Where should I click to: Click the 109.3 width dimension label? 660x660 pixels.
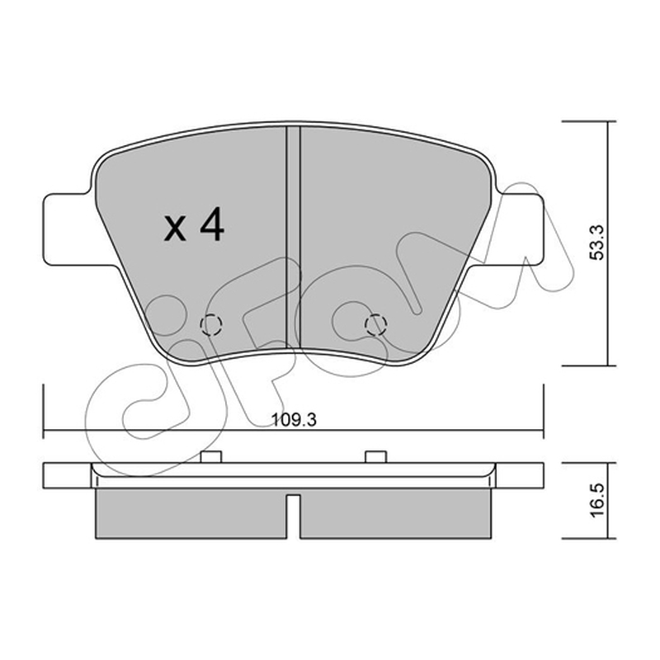click(294, 420)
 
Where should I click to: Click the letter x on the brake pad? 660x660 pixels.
click(175, 230)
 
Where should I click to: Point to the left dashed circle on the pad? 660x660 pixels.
click(211, 324)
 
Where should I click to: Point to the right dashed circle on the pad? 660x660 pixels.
click(376, 324)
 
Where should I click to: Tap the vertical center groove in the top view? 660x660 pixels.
click(294, 237)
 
